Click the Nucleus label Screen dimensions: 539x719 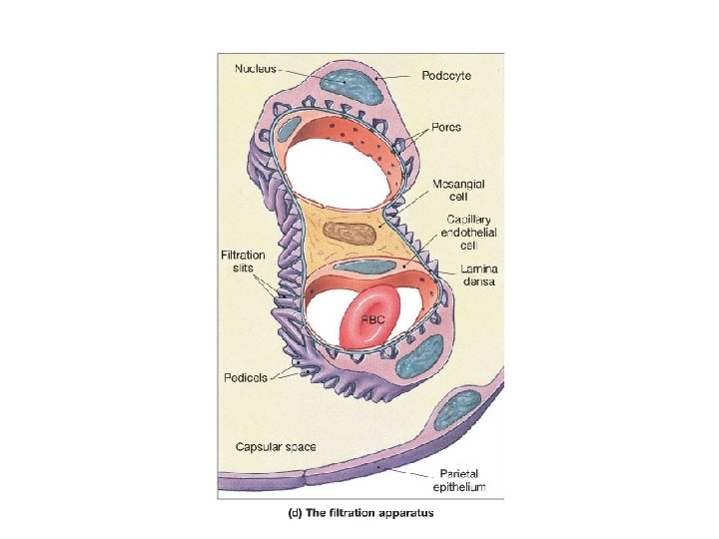tap(258, 69)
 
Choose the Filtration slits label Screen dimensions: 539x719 tap(243, 263)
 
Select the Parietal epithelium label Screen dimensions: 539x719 tap(460, 480)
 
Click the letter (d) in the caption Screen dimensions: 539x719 tap(296, 513)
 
